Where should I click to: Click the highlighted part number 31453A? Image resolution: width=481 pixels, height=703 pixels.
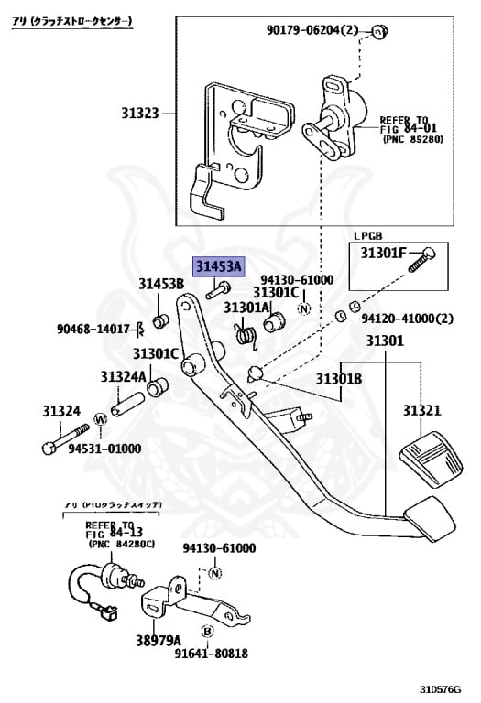218,266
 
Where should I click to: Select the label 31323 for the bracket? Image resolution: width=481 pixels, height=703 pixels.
139,114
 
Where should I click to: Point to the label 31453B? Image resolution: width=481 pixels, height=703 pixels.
161,283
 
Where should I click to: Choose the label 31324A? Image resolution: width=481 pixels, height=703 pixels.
124,375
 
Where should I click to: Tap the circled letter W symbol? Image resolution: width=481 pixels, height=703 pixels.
100,419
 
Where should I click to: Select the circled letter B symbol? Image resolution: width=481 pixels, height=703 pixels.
207,632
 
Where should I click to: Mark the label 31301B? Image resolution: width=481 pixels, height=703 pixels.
340,378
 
